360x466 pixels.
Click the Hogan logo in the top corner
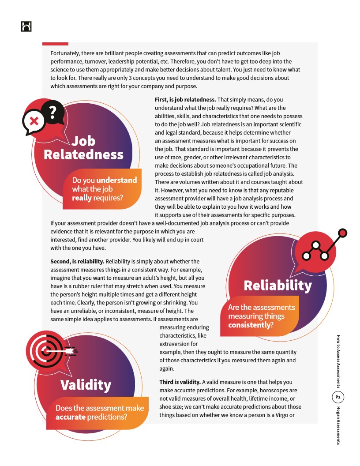click(26, 26)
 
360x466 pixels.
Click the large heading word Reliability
click(277, 285)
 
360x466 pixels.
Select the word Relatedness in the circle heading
click(83, 154)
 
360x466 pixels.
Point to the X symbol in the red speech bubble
click(34, 121)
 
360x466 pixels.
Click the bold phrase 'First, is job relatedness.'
click(185, 100)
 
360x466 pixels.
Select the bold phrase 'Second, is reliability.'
click(77, 261)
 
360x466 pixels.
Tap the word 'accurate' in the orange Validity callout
click(70, 417)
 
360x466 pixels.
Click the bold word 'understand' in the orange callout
click(116, 180)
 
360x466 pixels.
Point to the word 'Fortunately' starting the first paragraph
click(65, 53)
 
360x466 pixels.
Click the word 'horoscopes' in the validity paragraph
click(269, 390)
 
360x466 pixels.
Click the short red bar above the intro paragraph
click(55, 44)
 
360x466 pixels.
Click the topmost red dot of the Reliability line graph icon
click(343, 233)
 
